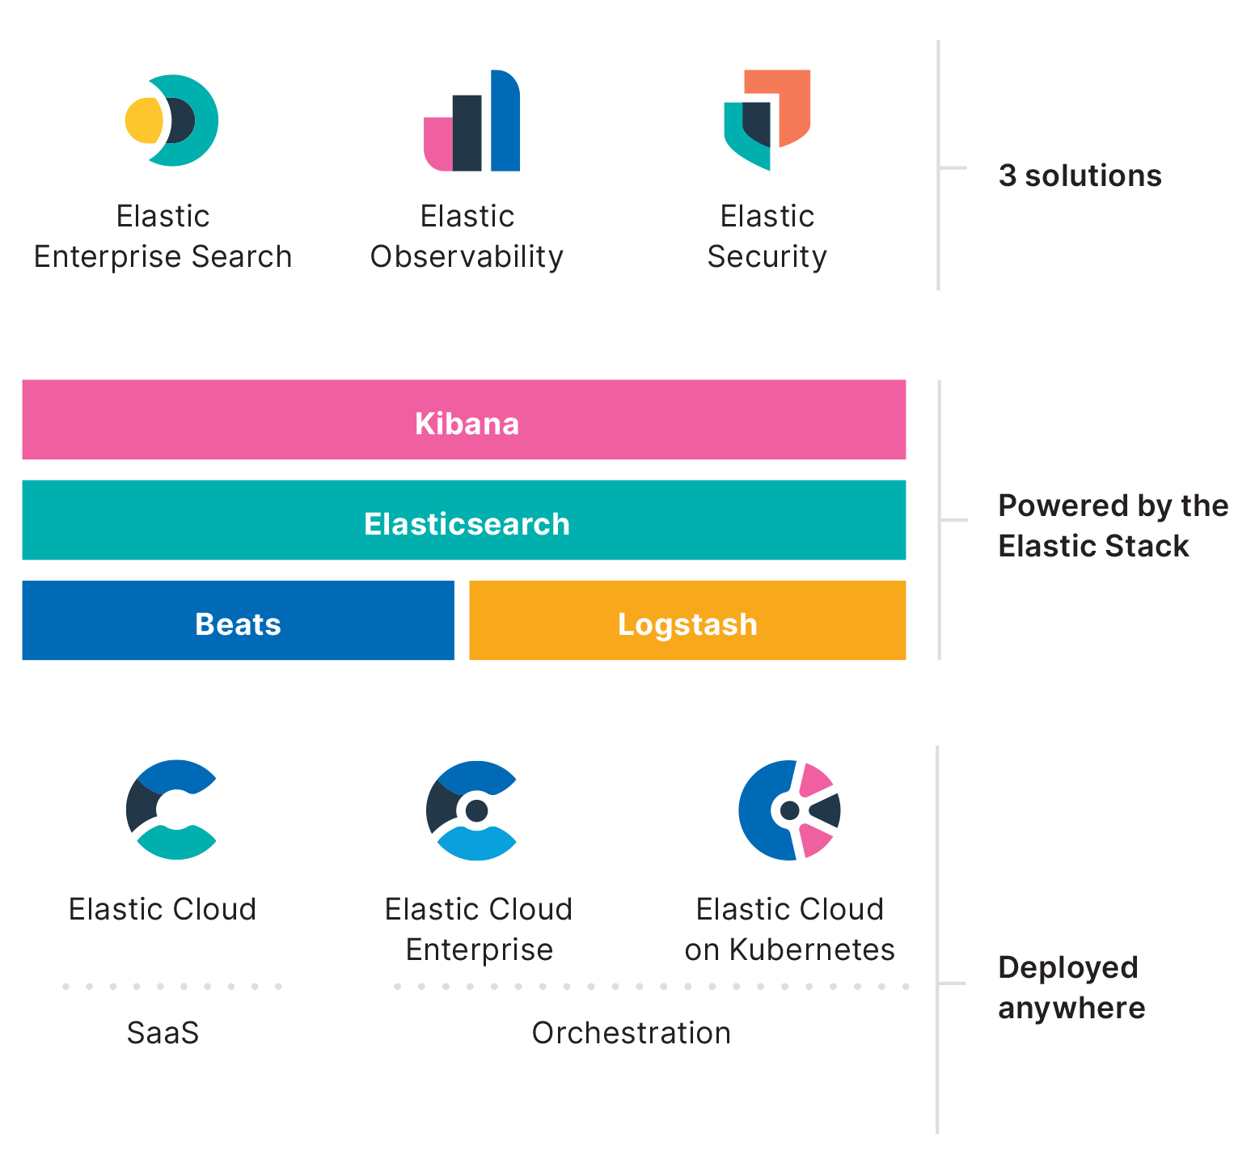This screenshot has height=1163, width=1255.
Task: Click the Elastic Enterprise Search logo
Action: click(x=172, y=121)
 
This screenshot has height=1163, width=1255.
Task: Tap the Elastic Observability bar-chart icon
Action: click(x=471, y=121)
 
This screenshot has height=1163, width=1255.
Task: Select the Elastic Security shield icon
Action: click(x=767, y=120)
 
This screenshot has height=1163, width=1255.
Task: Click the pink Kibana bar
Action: click(x=463, y=420)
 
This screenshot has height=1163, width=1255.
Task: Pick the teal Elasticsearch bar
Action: click(x=463, y=520)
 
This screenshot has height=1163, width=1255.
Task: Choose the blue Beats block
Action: click(x=238, y=620)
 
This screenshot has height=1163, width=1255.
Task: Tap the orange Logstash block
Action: click(x=687, y=620)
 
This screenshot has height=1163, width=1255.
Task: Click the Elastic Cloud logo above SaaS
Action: click(x=171, y=810)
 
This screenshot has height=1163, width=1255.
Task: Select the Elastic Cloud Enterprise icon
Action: click(x=472, y=810)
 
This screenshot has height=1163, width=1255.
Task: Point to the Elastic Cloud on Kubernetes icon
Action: click(x=789, y=810)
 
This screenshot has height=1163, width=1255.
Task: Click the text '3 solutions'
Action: click(x=1080, y=176)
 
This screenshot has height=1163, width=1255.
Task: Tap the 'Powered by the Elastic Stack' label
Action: click(x=1113, y=526)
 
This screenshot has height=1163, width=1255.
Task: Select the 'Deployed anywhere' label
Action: click(x=1071, y=987)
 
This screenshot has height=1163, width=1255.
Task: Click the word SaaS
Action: click(x=163, y=1033)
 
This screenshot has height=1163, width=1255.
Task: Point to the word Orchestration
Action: click(x=631, y=1033)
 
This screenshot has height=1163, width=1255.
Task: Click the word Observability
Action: click(x=467, y=256)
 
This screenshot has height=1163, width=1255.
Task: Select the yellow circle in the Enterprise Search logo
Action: click(x=143, y=121)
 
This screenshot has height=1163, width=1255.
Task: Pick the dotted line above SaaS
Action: click(x=171, y=987)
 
